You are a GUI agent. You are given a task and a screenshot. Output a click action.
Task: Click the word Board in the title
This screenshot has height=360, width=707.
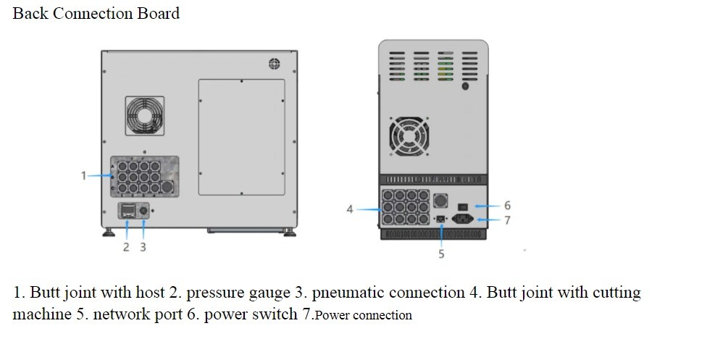pyautogui.click(x=154, y=13)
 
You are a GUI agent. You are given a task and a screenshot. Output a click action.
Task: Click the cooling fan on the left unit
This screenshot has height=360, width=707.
pyautogui.click(x=145, y=116)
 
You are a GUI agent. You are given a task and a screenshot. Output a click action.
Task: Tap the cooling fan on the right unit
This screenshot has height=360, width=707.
pyautogui.click(x=410, y=135)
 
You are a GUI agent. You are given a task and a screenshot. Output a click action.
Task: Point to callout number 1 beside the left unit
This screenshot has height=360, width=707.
pyautogui.click(x=84, y=175)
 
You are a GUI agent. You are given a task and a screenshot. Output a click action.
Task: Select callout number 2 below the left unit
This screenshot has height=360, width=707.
pyautogui.click(x=126, y=247)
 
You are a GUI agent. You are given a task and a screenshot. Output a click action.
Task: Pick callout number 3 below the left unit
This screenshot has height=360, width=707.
pyautogui.click(x=143, y=247)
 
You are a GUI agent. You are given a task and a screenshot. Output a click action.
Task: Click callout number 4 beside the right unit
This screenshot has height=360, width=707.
pyautogui.click(x=350, y=209)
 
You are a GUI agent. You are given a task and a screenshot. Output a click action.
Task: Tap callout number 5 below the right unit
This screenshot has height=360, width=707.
pyautogui.click(x=441, y=254)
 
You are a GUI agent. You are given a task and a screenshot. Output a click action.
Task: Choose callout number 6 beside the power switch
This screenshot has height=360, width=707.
pyautogui.click(x=507, y=206)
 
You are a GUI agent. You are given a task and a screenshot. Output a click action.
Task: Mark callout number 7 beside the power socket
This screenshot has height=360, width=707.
pyautogui.click(x=507, y=220)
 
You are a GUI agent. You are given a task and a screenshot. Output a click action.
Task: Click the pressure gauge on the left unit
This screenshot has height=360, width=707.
pyautogui.click(x=127, y=212)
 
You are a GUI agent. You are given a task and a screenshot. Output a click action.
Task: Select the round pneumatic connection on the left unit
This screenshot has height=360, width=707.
pyautogui.click(x=143, y=212)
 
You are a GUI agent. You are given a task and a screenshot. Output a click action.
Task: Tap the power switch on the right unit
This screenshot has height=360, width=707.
pyautogui.click(x=462, y=206)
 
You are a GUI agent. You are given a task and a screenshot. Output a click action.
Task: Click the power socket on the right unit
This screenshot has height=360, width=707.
pyautogui.click(x=463, y=219)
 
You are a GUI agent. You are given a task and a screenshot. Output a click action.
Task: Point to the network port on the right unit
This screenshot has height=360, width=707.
pyautogui.click(x=440, y=219)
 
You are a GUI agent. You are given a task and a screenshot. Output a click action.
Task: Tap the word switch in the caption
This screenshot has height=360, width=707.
pyautogui.click(x=274, y=315)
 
